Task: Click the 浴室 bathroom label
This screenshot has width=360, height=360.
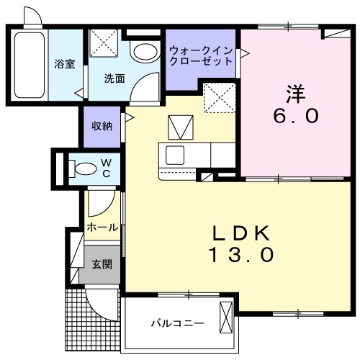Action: click(x=65, y=63)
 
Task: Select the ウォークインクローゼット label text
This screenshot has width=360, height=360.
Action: click(x=202, y=56)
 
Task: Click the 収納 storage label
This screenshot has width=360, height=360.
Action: click(x=102, y=126)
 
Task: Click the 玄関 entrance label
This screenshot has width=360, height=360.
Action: click(x=101, y=264)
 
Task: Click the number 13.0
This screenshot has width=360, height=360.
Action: click(x=242, y=255)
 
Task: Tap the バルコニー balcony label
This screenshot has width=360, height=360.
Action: click(x=176, y=323)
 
